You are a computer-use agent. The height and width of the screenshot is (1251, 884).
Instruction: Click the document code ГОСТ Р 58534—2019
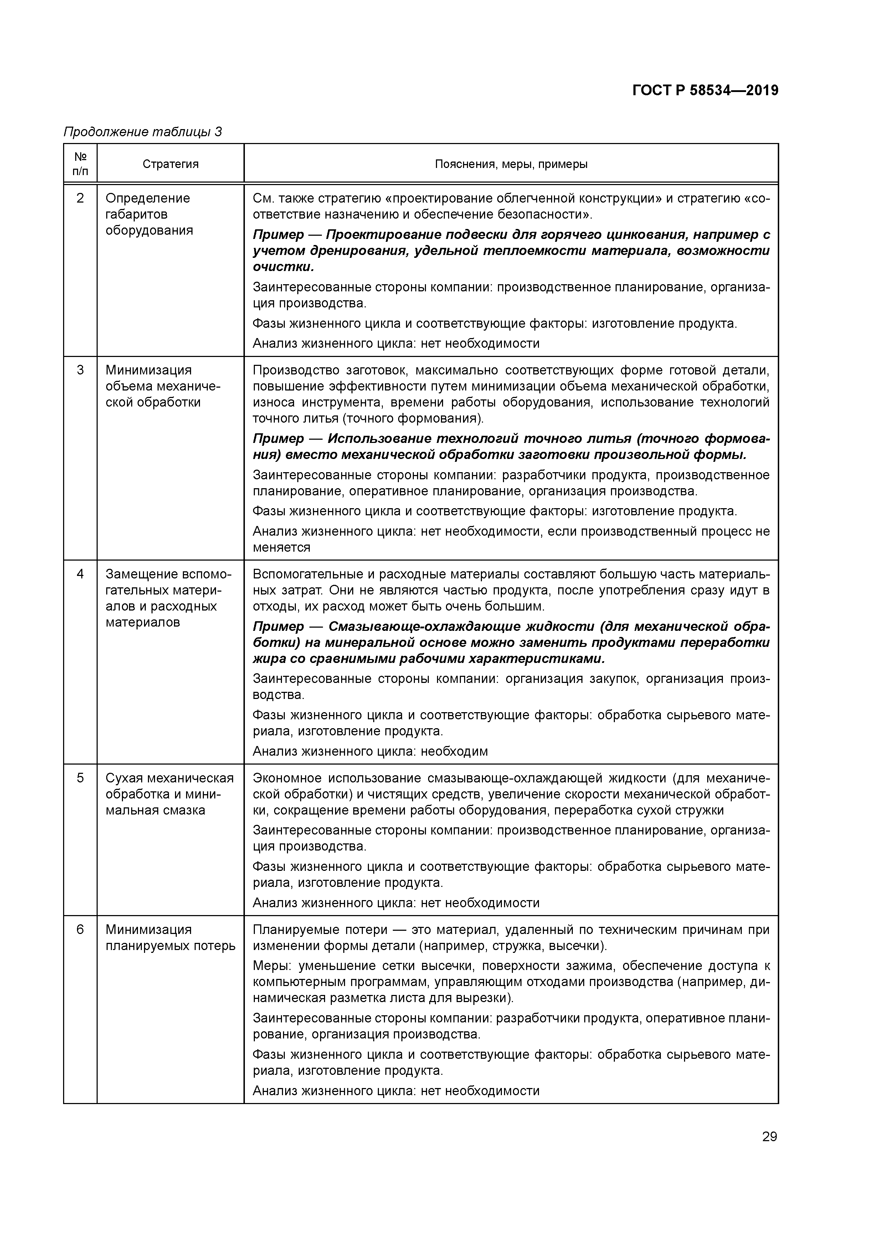click(705, 91)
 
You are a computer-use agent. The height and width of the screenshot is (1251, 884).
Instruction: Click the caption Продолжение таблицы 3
click(143, 132)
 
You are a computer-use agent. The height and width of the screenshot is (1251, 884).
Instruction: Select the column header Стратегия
click(170, 164)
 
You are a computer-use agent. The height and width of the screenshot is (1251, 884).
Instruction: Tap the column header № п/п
click(80, 164)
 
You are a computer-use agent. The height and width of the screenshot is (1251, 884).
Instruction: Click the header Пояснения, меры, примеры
click(511, 164)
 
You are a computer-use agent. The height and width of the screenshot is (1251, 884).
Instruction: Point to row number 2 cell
click(80, 198)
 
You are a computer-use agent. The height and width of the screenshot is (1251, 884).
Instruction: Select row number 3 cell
click(80, 370)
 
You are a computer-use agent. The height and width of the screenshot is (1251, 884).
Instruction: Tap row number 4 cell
click(80, 574)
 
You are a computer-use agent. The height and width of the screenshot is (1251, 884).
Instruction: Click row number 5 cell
click(80, 778)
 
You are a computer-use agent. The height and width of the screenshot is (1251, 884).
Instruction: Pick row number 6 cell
click(80, 930)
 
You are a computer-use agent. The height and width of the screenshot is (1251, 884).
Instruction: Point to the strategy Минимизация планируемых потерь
click(170, 938)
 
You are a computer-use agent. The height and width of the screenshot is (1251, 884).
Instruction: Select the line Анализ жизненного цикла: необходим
click(370, 751)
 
